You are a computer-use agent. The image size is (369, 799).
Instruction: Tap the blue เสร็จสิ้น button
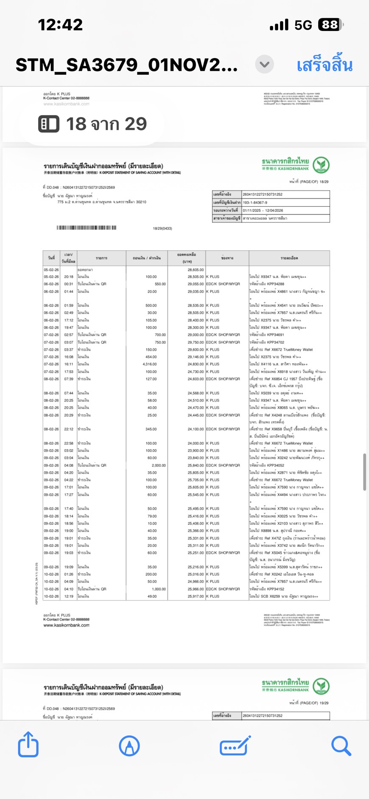point(324,65)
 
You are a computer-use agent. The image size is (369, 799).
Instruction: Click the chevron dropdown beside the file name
point(264,65)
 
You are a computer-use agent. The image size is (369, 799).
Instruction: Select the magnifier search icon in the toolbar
point(341,746)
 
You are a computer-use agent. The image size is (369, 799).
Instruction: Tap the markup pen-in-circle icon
point(129,746)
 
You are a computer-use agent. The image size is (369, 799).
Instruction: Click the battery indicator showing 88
point(330,25)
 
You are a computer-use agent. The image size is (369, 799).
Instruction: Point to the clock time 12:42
point(60,25)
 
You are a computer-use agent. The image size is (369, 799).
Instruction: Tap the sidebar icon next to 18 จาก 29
point(49,124)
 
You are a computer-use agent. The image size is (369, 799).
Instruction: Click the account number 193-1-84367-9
point(255,203)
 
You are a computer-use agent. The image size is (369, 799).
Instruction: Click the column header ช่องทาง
point(227,258)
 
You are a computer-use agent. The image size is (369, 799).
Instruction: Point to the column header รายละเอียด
point(289,258)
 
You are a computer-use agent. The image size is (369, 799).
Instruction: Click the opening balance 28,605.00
point(196,270)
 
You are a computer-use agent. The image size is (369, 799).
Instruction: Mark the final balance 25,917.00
point(196,596)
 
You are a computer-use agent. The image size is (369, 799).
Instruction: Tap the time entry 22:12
point(69,429)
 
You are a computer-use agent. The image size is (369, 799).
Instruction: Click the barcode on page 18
point(87,228)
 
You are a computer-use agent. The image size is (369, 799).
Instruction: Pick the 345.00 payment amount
point(151,429)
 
